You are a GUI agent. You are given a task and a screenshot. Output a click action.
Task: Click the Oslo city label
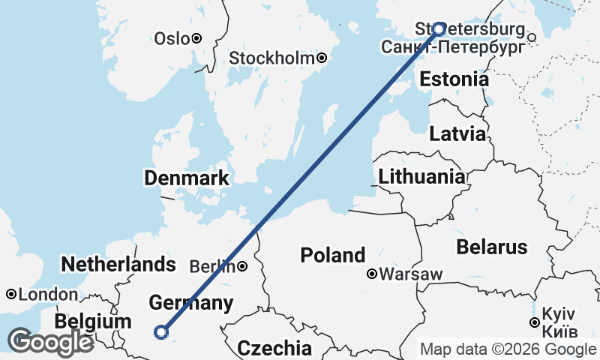pos(171,38)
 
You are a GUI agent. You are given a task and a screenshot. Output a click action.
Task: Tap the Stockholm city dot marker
pos(322,58)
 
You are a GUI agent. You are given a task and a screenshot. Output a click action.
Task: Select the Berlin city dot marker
pos(243,265)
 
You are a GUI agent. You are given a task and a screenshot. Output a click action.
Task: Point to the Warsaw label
pos(410,274)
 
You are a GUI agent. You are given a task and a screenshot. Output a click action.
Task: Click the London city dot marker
pos(12,294)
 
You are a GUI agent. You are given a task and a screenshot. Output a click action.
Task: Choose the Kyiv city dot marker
pos(534,322)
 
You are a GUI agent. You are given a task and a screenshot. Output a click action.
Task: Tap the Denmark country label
pos(187,178)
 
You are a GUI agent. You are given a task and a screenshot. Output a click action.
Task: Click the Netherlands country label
pos(118,264)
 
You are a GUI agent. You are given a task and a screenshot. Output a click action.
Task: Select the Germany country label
pos(190,303)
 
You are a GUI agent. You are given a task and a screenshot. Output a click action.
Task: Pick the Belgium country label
pos(93,322)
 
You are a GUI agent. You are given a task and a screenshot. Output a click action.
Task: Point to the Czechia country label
pos(274,348)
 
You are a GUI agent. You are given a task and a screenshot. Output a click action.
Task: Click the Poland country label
pos(333,255)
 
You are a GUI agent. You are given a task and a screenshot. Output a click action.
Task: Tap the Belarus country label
pos(492,247)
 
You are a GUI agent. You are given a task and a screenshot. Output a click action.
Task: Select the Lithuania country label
pos(421,177)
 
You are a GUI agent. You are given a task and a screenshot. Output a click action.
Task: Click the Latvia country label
pos(457,135)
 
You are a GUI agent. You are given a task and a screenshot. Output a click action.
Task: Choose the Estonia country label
pos(454,79)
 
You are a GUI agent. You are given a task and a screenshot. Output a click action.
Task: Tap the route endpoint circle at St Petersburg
pos(439,29)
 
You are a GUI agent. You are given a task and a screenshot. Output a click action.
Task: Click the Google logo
pos(50,342)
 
